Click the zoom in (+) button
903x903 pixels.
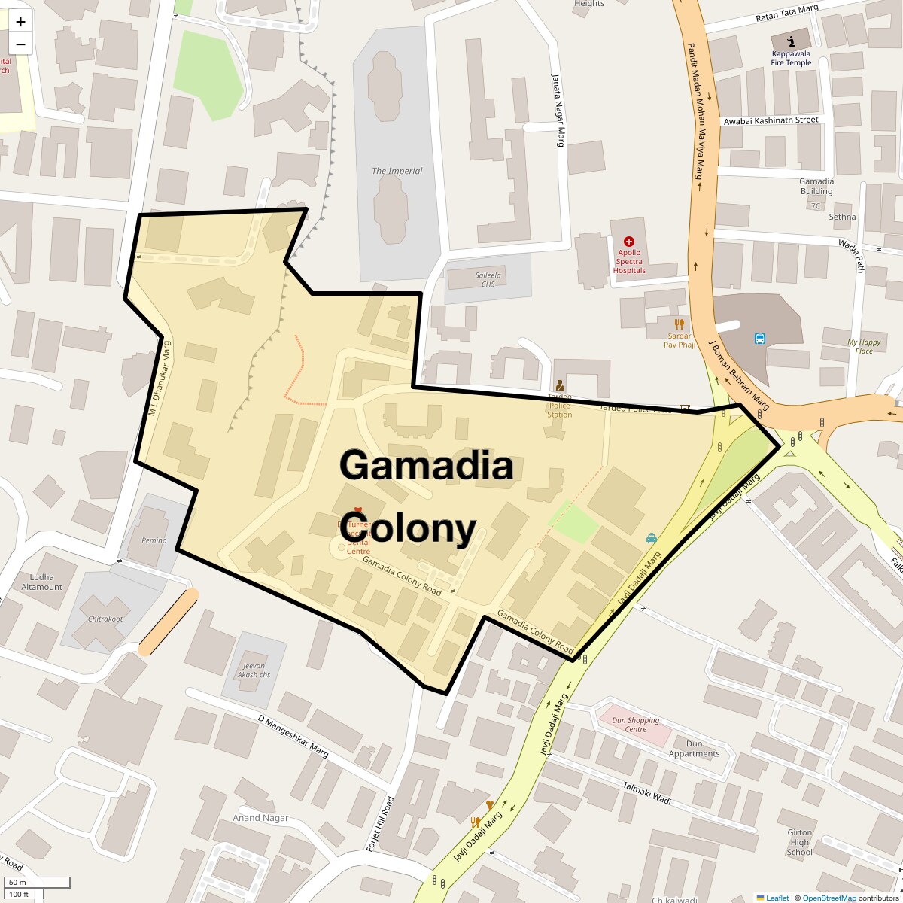click(20, 22)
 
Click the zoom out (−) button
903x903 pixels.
click(20, 44)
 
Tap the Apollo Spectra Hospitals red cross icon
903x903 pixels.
click(629, 242)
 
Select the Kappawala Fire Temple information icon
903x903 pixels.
click(791, 41)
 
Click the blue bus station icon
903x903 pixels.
click(760, 339)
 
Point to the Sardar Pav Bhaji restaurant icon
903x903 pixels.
click(680, 324)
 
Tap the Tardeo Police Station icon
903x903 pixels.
click(559, 386)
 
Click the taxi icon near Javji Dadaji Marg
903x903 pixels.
click(652, 538)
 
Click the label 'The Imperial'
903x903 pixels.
click(397, 171)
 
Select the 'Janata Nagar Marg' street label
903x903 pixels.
click(558, 109)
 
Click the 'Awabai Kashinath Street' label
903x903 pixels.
click(770, 120)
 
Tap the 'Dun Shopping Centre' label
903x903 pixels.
click(636, 725)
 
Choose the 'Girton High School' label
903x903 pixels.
click(799, 842)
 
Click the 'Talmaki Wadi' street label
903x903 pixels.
click(646, 794)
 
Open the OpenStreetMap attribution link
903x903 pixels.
click(829, 898)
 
